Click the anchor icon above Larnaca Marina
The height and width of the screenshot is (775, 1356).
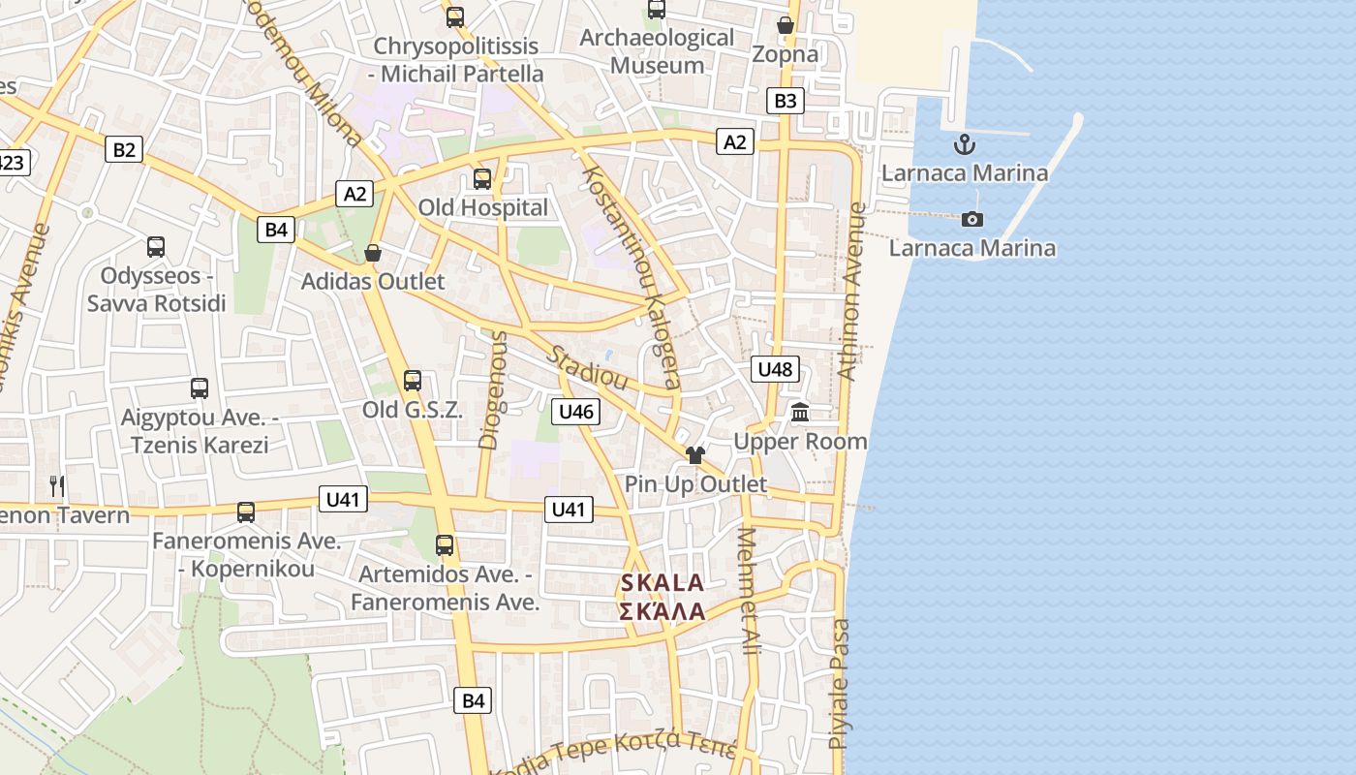(964, 145)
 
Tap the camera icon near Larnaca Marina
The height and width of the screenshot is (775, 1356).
(972, 220)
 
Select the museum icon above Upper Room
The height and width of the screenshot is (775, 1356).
(800, 413)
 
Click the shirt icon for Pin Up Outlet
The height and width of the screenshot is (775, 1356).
(694, 455)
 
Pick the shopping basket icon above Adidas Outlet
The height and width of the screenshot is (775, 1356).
(373, 254)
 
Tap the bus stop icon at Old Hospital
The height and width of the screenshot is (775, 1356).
(482, 179)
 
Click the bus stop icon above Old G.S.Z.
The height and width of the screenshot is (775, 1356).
(413, 381)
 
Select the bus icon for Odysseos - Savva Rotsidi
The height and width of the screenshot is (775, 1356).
(156, 247)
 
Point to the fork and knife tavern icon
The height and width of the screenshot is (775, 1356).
(57, 485)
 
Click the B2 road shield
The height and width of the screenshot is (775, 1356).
(123, 149)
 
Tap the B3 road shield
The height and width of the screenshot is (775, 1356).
(786, 100)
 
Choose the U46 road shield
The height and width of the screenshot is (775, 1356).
(575, 412)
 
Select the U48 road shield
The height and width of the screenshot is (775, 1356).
(775, 368)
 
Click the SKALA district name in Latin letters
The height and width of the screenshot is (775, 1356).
(663, 583)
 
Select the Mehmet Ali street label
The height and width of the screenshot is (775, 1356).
(749, 591)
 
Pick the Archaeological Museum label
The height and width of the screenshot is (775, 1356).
(657, 51)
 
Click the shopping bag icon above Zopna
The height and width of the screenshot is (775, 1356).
(786, 25)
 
